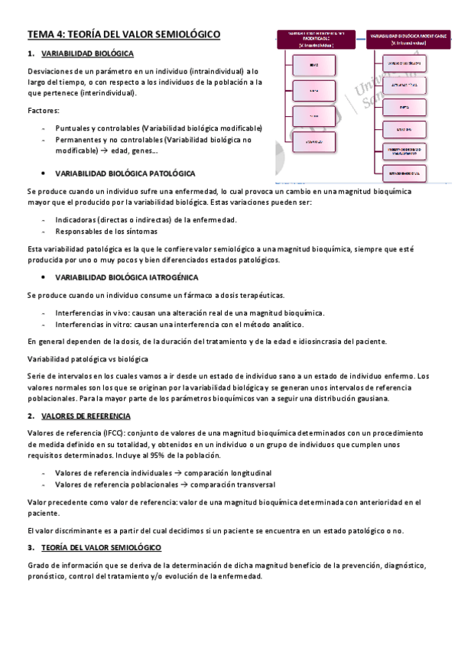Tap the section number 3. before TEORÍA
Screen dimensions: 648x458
[31, 548]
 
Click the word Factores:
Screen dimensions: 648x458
[42, 112]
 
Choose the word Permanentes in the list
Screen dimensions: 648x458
[79, 140]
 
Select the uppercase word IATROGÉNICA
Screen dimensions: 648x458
[172, 277]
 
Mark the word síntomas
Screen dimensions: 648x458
[140, 231]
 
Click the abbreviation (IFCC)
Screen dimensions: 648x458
[95, 433]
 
